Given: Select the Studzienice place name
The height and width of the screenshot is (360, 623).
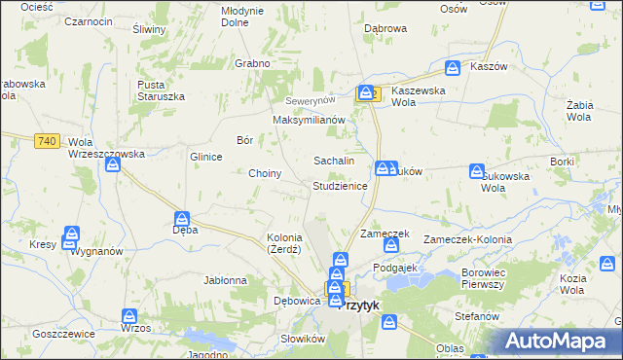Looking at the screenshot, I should click(x=340, y=186).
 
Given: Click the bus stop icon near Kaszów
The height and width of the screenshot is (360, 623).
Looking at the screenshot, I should click(x=453, y=68).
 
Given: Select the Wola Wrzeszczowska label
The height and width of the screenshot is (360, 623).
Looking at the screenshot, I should click(x=106, y=147).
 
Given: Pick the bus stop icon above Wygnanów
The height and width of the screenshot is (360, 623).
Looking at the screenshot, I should click(x=70, y=235).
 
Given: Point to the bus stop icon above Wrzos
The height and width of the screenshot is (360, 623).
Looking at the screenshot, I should click(x=129, y=315).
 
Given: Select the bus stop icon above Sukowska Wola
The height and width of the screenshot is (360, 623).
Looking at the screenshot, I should click(x=476, y=171).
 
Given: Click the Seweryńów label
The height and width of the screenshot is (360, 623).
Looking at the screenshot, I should click(x=310, y=101).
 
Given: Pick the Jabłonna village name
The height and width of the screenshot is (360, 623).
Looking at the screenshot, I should click(x=225, y=280).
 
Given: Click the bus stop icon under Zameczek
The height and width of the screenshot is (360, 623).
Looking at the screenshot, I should click(x=389, y=246).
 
